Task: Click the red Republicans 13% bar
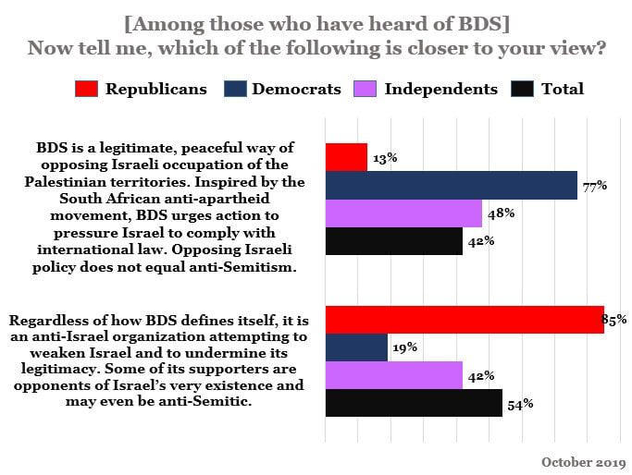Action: (x=346, y=158)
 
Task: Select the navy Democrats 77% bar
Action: (x=451, y=186)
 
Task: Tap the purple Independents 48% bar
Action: (x=403, y=213)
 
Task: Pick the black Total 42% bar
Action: (x=393, y=241)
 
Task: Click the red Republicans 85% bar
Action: (x=464, y=320)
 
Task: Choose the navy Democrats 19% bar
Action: (x=356, y=347)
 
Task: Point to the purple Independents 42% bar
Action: (x=393, y=375)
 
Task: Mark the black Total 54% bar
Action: (x=413, y=403)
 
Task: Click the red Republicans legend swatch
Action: (x=86, y=90)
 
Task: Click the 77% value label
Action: (x=595, y=186)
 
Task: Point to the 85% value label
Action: (x=614, y=320)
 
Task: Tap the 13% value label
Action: (x=385, y=158)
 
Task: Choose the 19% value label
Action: (x=404, y=347)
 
